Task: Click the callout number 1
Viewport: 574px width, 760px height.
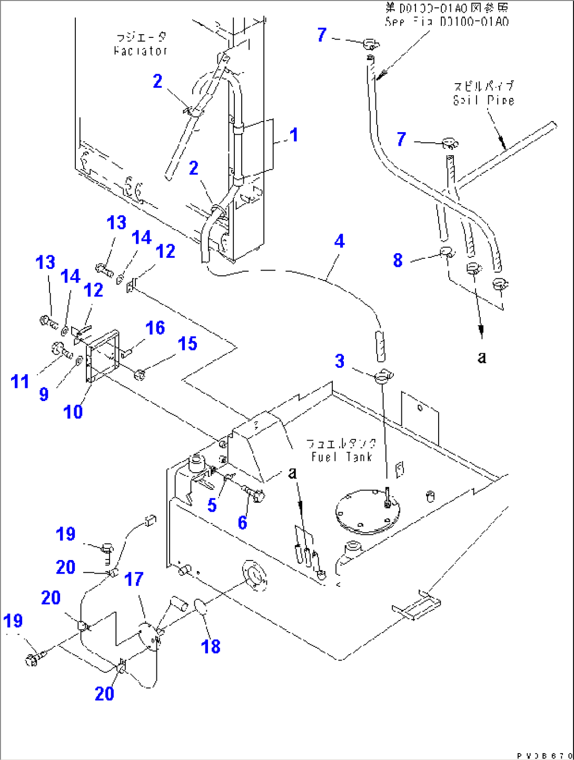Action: point(294,135)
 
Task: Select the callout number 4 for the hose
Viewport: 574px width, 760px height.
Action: point(340,241)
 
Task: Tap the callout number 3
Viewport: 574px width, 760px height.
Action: point(340,361)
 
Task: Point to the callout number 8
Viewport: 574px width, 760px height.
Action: point(398,260)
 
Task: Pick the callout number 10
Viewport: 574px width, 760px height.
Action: point(73,412)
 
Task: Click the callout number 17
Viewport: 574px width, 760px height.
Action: point(134,579)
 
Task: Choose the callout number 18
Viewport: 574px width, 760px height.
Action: point(211,647)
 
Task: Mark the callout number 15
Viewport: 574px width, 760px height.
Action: point(187,344)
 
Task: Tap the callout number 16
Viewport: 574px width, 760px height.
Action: point(155,328)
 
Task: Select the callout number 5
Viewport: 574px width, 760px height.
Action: point(212,505)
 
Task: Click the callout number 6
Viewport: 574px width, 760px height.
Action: point(242,523)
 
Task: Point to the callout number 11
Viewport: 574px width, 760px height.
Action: point(20,381)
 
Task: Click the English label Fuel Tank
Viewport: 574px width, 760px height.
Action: point(341,457)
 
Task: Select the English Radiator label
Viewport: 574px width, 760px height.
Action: point(141,51)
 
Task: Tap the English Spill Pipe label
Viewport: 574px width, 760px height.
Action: point(483,100)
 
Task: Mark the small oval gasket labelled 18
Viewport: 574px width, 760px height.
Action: point(201,606)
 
